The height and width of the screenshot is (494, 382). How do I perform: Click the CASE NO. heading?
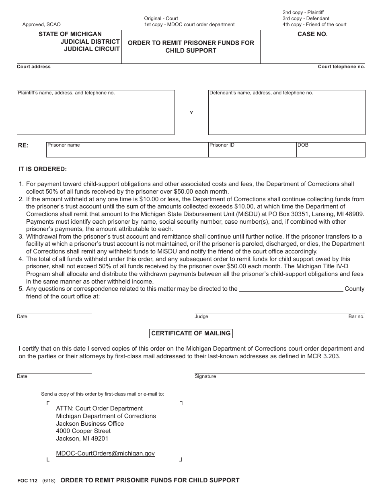point(312,34)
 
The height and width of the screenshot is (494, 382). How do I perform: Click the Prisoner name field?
point(127,150)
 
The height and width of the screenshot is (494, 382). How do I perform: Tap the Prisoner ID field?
point(252,150)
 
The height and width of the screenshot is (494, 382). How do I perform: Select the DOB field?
point(331,150)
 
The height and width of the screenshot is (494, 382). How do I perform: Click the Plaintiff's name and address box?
point(96,112)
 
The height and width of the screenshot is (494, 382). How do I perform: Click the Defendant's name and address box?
point(287,112)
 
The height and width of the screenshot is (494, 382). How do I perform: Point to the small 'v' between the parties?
point(191,112)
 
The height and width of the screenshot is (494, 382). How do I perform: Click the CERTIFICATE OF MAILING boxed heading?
point(191,333)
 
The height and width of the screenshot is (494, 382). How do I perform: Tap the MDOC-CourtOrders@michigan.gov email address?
point(105,453)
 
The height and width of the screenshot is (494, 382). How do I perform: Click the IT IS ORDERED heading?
point(43,169)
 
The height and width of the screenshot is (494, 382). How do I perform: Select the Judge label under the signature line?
point(201,316)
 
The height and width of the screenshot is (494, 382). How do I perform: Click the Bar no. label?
point(356,316)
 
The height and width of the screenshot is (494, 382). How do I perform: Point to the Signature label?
point(205,376)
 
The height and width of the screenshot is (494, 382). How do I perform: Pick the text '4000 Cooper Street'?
point(83,431)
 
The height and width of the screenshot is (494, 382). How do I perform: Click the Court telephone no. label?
point(341,67)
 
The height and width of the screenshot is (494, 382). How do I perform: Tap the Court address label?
point(34,67)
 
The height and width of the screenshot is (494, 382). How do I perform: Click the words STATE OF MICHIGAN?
point(70,34)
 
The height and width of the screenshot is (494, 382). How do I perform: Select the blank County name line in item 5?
point(291,289)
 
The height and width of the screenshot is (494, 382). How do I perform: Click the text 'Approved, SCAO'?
point(41,24)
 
